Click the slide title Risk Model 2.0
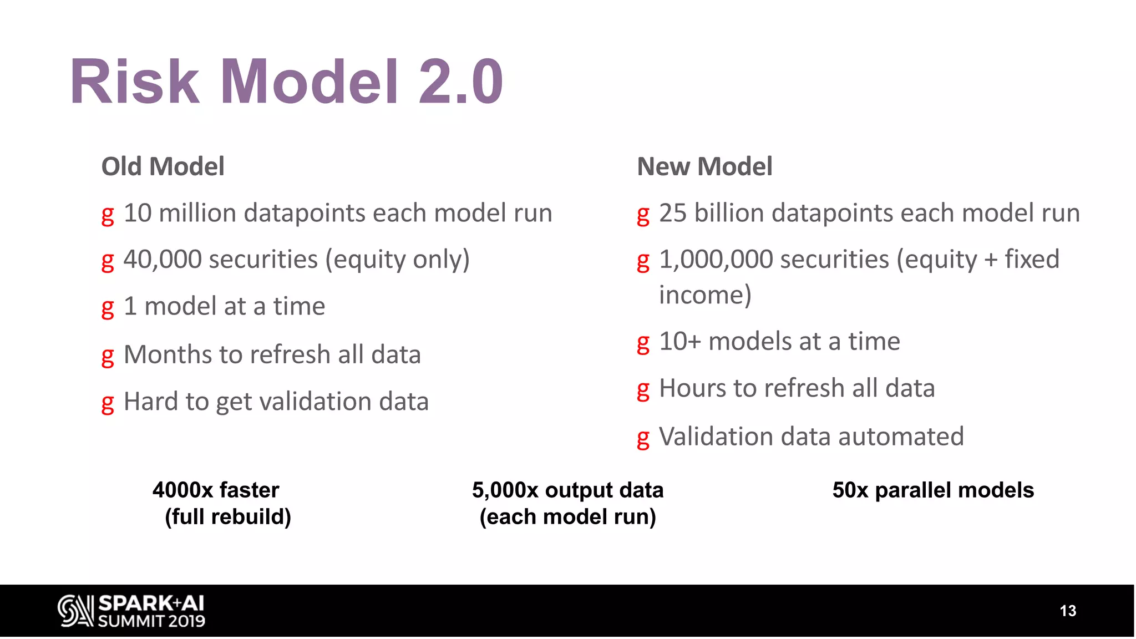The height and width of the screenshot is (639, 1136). point(286,82)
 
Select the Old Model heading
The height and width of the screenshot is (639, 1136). point(163,166)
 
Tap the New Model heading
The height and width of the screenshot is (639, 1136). point(704,166)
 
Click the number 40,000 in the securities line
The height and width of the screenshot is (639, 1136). point(162,260)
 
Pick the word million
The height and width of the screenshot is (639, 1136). point(197,213)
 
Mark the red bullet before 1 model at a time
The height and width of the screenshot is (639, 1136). point(108,308)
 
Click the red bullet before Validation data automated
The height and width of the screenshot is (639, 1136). point(643,438)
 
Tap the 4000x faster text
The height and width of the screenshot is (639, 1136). point(216,490)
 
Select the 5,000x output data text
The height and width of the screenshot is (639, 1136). point(567,490)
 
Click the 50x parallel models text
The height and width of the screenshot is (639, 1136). point(933,490)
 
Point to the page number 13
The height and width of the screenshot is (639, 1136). point(1068,611)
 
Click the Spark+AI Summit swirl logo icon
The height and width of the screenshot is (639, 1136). point(75,611)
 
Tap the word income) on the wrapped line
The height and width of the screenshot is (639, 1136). point(705,295)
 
